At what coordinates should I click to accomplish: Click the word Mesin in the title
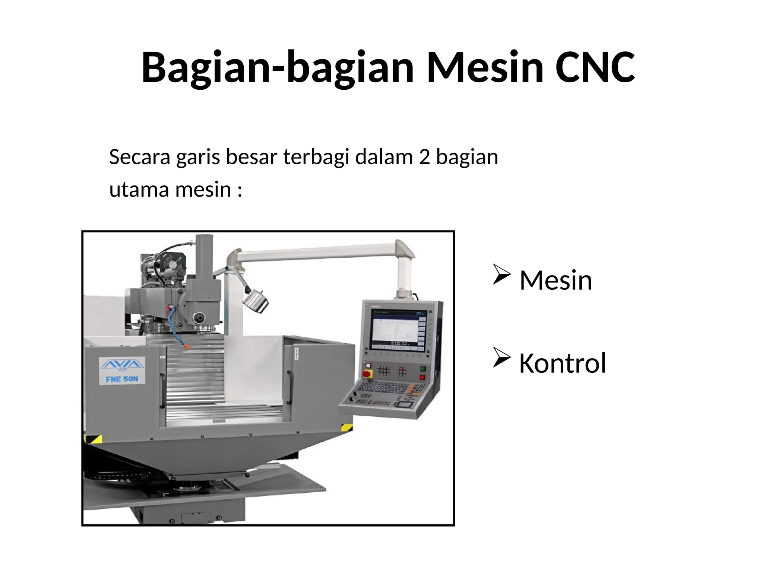(484, 67)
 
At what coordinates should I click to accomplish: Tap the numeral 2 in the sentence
(424, 157)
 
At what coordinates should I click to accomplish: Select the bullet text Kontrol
(562, 363)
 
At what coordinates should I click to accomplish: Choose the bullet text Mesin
(555, 280)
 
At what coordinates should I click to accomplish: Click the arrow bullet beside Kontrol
(501, 357)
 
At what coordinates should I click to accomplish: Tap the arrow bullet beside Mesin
(501, 274)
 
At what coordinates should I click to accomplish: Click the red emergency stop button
(367, 374)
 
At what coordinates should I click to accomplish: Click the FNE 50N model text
(122, 379)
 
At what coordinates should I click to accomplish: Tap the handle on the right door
(289, 387)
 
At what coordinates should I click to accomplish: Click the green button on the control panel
(423, 369)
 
